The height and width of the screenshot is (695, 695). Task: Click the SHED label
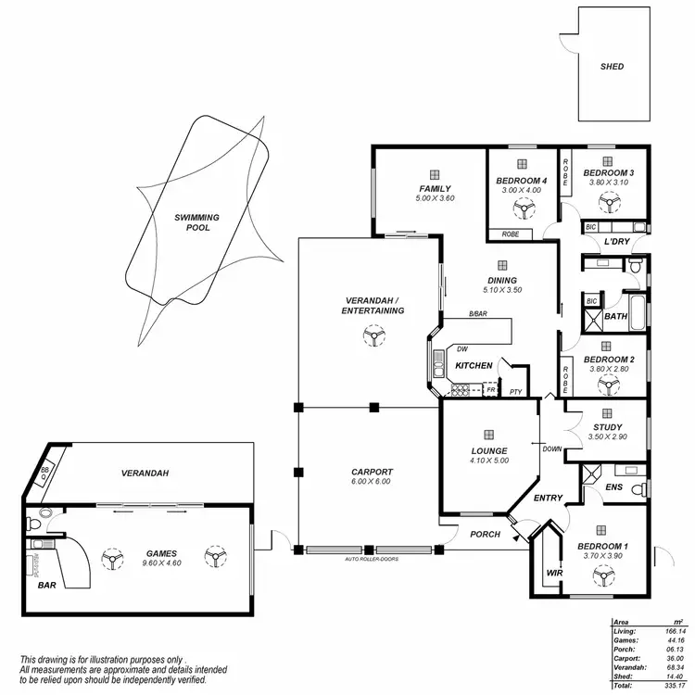click(x=612, y=67)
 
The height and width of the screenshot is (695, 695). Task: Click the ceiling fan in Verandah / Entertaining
click(x=373, y=340)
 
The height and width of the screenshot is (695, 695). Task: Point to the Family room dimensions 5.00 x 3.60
click(x=435, y=198)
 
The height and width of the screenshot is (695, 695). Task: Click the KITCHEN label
click(x=474, y=366)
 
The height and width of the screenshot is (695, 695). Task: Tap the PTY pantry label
click(x=516, y=392)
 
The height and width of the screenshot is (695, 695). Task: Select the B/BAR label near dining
click(x=477, y=315)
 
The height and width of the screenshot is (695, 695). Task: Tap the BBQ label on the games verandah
click(x=44, y=473)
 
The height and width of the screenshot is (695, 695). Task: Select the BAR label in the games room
click(x=46, y=587)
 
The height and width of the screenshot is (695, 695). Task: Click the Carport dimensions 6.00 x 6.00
click(x=372, y=481)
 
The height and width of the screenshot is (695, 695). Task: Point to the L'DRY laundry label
click(x=617, y=242)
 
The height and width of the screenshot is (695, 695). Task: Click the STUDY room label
click(x=607, y=427)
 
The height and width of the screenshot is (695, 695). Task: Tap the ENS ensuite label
click(x=613, y=486)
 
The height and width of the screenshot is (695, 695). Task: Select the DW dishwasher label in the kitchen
click(x=461, y=349)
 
